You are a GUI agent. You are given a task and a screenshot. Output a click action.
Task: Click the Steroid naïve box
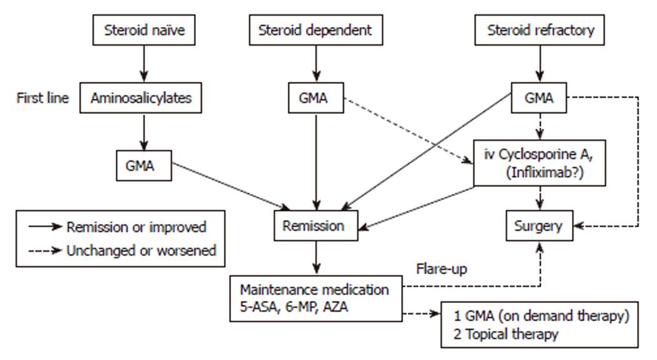coord(144,30)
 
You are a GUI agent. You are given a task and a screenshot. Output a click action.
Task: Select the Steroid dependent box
coord(316,30)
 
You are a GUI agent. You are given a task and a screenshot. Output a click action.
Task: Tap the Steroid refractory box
coord(539,30)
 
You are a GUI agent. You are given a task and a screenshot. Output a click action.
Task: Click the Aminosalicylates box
coord(141,98)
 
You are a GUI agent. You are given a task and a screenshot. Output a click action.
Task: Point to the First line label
coord(43,98)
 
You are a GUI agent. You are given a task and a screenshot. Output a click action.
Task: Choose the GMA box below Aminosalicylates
coord(144,165)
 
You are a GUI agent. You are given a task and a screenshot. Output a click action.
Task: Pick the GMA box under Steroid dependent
coord(316,98)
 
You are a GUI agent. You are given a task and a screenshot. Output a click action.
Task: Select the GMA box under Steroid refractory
coord(539,98)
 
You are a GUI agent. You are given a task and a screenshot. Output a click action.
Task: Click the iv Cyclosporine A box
coord(539,163)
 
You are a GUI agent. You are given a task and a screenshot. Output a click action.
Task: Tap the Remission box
coord(316,225)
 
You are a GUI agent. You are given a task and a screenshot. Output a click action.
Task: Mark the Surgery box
coord(539,225)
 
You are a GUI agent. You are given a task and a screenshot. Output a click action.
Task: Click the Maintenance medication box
coord(316,299)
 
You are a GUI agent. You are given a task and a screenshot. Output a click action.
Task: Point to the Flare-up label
coord(442,269)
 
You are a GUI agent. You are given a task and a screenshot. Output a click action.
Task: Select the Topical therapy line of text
coord(506,334)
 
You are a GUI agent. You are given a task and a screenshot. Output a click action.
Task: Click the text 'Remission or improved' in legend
coord(136,227)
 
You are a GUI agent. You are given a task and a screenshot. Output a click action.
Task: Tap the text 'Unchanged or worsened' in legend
coord(141,250)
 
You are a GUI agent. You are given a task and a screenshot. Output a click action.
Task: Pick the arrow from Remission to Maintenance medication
coord(317,258)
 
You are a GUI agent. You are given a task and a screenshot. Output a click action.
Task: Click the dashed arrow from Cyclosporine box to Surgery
coord(539,198)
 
